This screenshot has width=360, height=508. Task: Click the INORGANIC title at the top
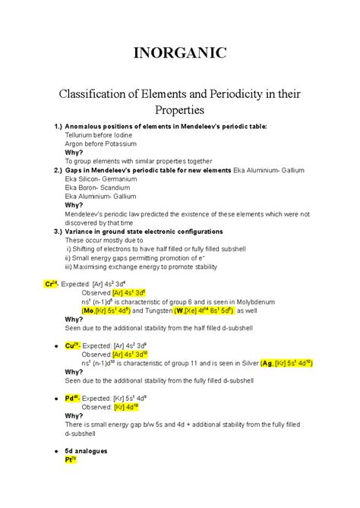point(179,54)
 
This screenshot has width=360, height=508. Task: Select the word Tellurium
point(81,134)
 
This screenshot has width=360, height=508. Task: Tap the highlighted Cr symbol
point(52,284)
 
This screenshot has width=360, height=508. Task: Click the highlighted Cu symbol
point(72,346)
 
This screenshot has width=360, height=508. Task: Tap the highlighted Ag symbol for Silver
point(266,363)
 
